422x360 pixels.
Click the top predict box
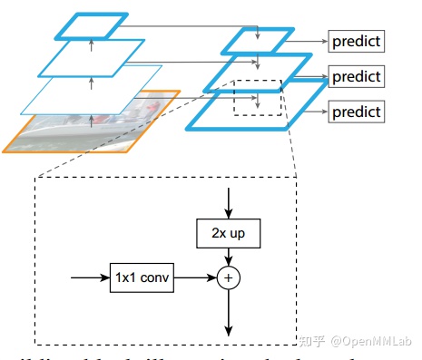(x=356, y=41)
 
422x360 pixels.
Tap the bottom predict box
(x=356, y=112)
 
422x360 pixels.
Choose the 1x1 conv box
(x=142, y=276)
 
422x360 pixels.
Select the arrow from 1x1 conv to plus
(x=195, y=276)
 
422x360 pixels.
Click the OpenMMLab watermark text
(x=372, y=341)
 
